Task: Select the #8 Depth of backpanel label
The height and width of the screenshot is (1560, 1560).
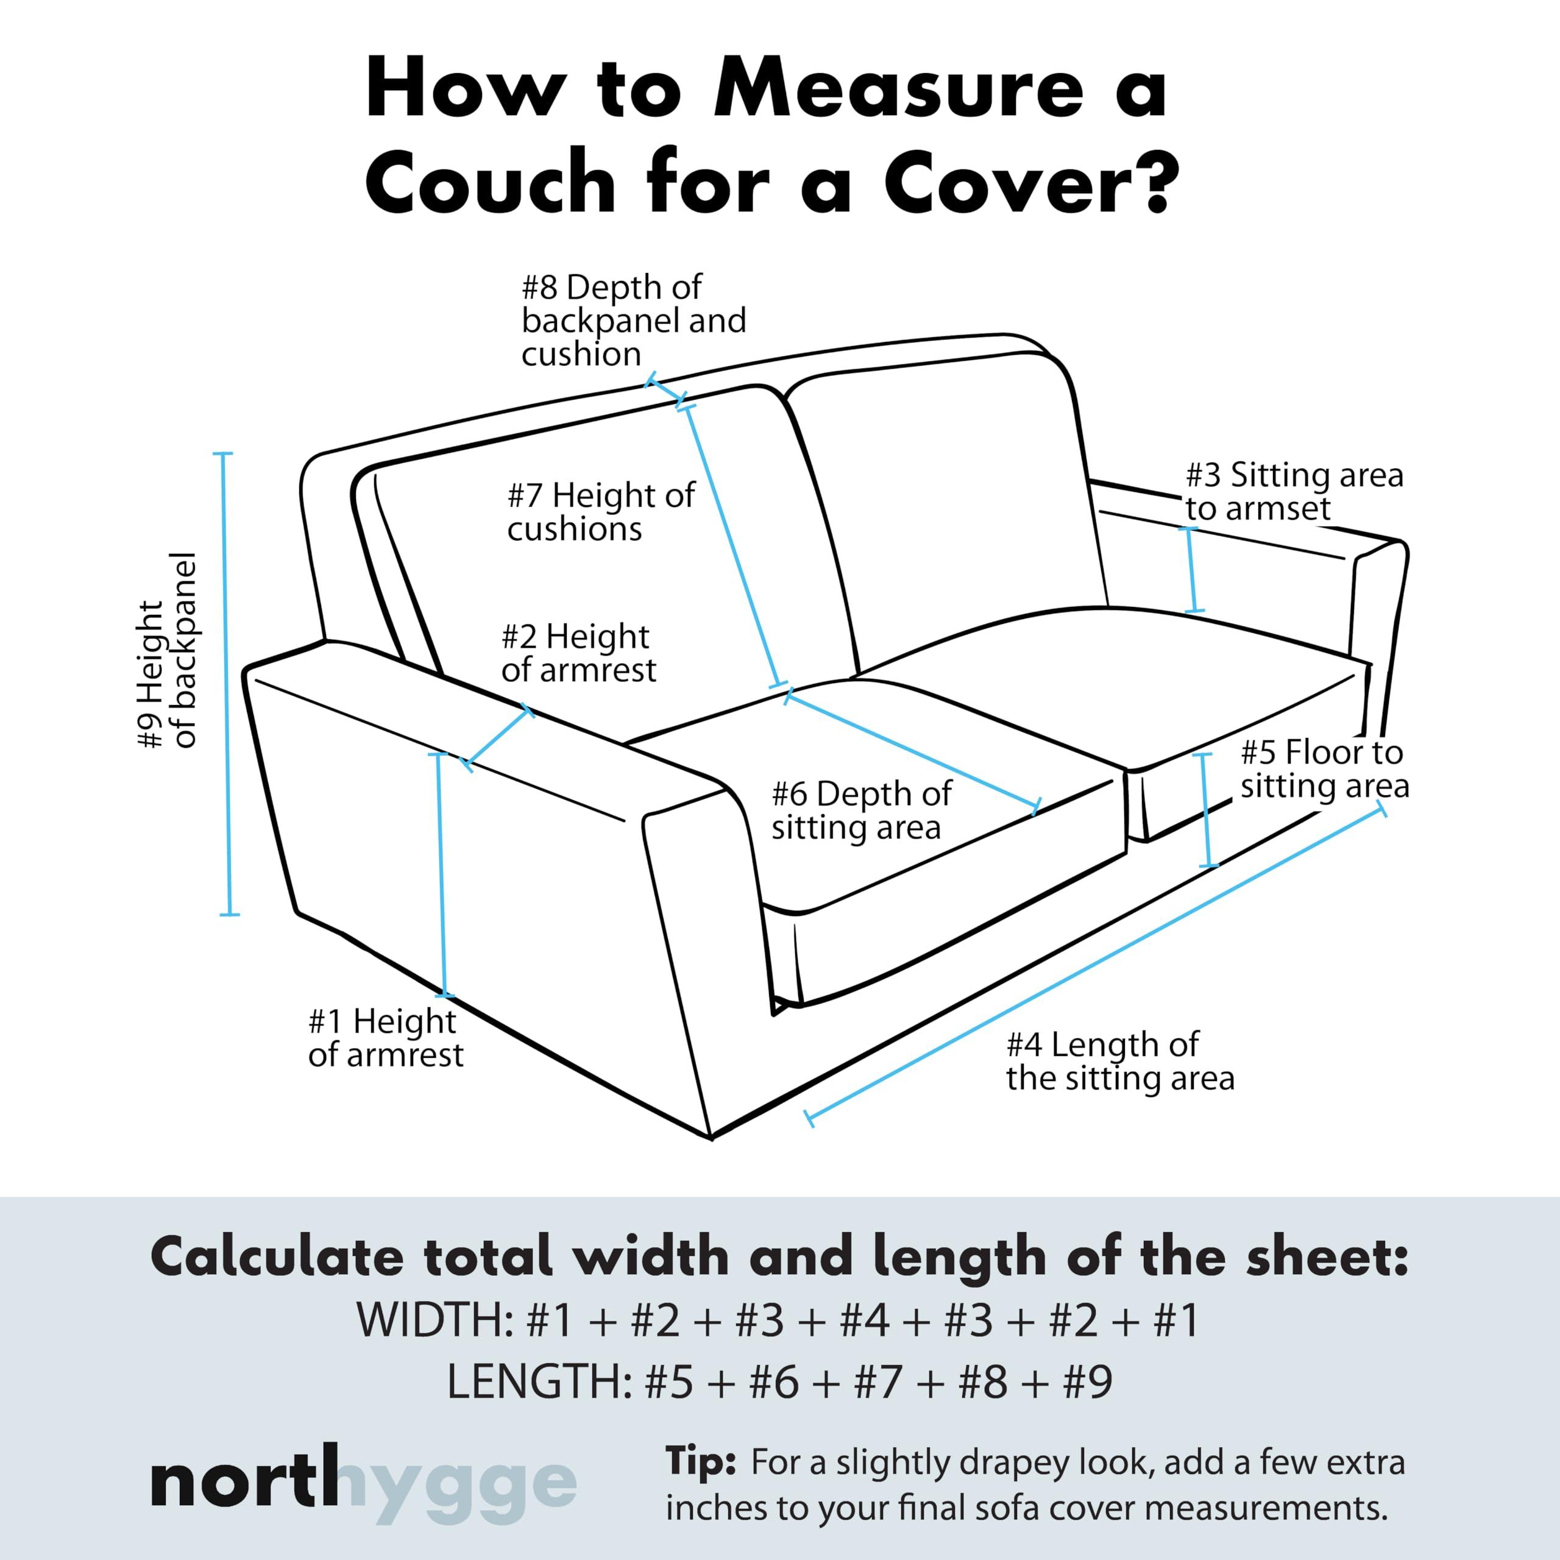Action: tap(633, 321)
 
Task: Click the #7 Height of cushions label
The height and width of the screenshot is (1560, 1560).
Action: tap(600, 512)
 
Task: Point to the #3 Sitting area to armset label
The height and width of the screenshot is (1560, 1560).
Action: tap(1294, 491)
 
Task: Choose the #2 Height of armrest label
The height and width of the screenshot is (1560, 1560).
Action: tap(578, 653)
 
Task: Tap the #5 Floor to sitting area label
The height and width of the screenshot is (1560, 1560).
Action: tap(1324, 770)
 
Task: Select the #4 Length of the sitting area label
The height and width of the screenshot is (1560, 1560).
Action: tap(1119, 1062)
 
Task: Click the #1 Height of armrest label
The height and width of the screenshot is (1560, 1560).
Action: tap(385, 1038)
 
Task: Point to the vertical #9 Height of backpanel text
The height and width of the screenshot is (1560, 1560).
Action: tap(168, 651)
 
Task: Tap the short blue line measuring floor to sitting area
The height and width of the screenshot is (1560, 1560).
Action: tap(1207, 810)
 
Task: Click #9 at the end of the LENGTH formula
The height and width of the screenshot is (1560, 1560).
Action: tap(1088, 1381)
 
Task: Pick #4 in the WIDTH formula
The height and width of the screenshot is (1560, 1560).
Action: tap(864, 1320)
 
